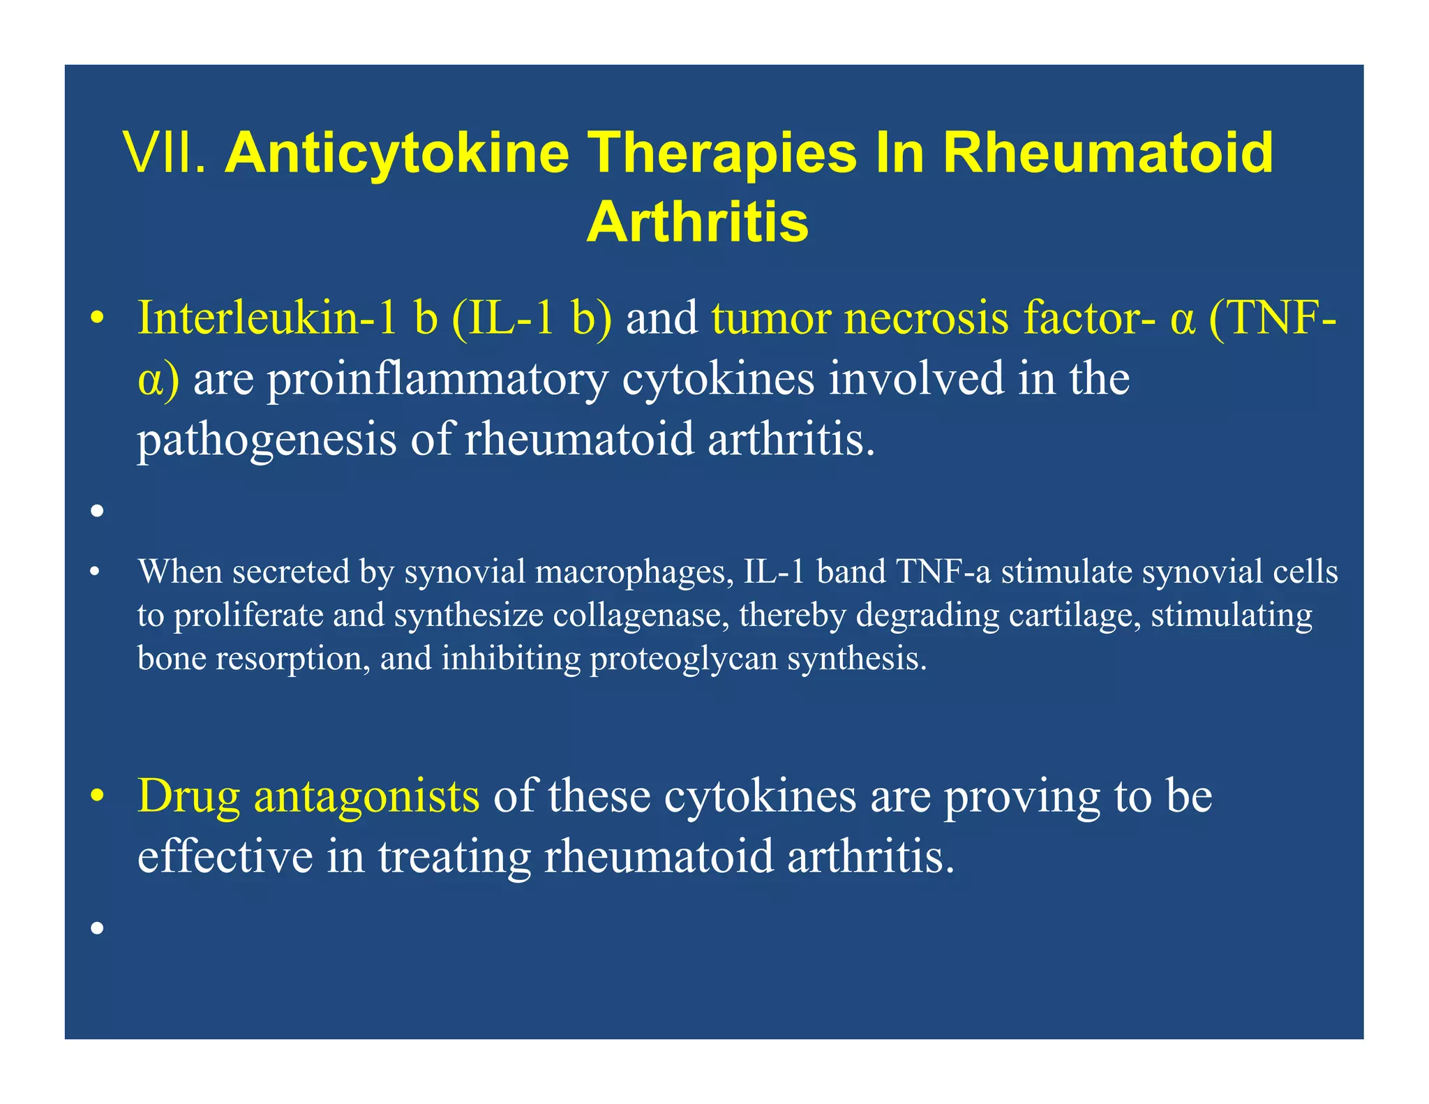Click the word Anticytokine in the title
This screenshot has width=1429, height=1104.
point(396,155)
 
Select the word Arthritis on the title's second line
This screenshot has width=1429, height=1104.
point(696,223)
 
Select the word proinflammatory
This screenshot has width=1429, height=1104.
point(437,380)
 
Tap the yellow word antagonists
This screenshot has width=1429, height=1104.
point(367,796)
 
